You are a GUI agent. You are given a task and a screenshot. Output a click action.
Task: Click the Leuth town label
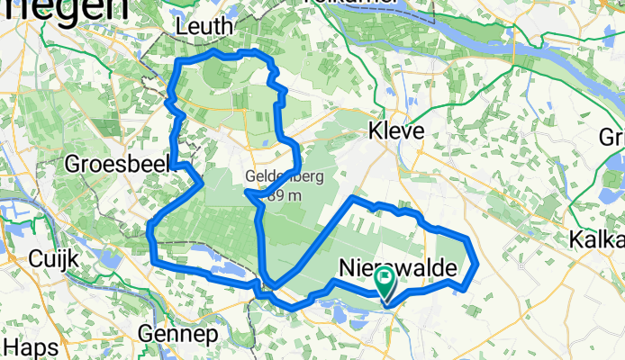click(205, 27)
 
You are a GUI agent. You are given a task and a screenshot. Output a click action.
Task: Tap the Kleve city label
click(395, 131)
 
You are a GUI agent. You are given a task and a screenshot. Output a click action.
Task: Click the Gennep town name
click(178, 334)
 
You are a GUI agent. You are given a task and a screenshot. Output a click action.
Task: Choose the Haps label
click(24, 346)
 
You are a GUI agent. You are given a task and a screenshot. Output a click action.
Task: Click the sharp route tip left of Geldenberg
click(246, 191)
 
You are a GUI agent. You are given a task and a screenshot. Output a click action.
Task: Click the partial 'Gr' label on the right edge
click(612, 138)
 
